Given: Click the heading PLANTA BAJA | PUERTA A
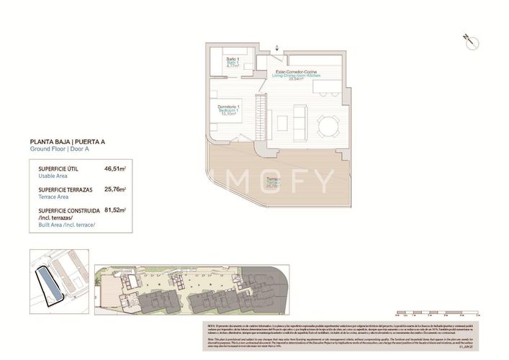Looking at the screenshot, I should point(67,142).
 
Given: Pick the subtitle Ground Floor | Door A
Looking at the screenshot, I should point(59,149).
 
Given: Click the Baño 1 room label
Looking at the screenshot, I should point(233,58).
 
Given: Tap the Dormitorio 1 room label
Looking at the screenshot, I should point(229,108).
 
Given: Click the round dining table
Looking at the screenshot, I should point(328,127).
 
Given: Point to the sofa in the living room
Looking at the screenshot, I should point(298,115).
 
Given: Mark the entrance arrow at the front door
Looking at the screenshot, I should point(278,48).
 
